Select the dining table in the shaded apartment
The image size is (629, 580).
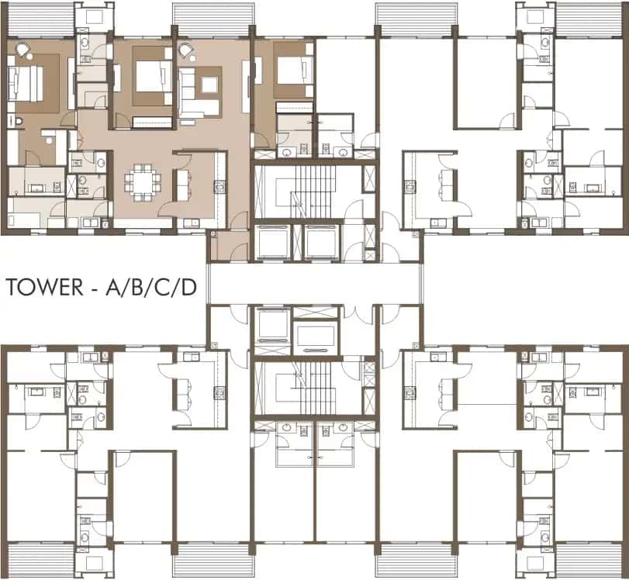click(x=143, y=181)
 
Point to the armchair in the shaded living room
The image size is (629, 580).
click(x=186, y=53)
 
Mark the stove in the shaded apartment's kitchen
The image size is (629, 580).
click(x=219, y=186)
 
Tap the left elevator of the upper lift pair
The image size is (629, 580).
click(x=273, y=243)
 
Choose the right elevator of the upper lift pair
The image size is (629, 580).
click(x=322, y=243)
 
